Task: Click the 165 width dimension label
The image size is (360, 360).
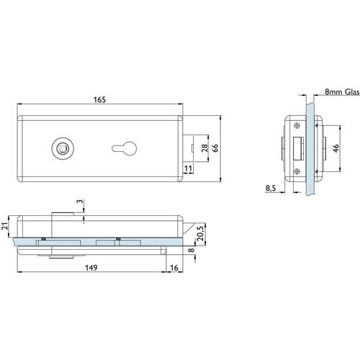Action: [99, 99]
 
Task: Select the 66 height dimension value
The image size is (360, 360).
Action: [215, 148]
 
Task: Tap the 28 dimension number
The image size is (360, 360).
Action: [204, 148]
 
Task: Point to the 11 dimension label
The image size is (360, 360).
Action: [189, 168]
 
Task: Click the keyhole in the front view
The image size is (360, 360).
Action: [124, 148]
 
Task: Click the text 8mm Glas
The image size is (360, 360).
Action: [342, 92]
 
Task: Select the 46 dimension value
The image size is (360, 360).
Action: [336, 148]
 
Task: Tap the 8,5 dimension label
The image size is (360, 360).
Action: [271, 189]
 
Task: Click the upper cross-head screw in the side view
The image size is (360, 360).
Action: [297, 125]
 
